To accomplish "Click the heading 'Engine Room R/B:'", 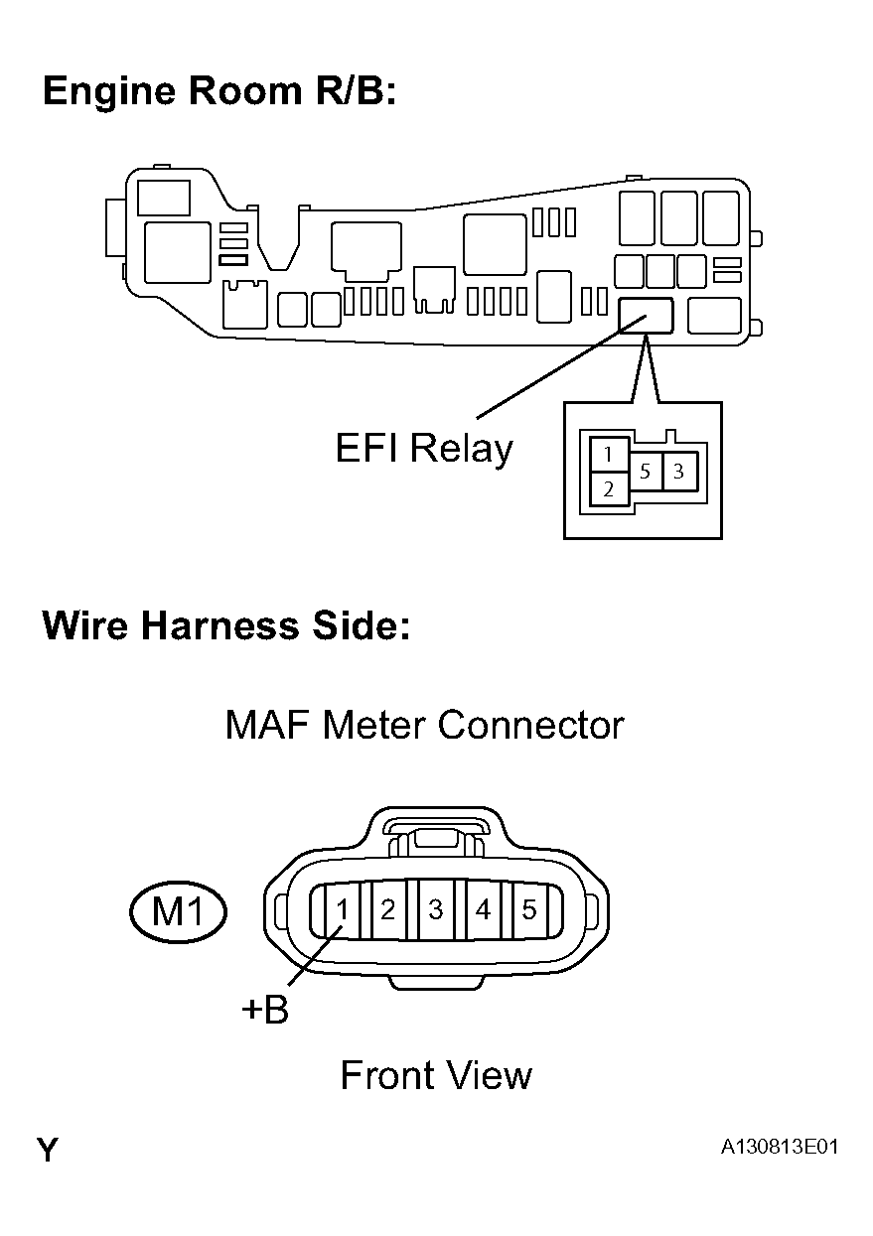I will click(x=219, y=91).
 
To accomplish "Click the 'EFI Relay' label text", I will click(x=424, y=449).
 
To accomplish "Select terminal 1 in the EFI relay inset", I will click(x=608, y=456).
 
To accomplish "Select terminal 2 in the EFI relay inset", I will click(x=608, y=488).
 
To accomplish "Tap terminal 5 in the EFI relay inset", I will click(x=645, y=473).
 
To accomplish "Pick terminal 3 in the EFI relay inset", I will click(x=678, y=473).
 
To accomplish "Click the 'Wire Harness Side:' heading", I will click(x=225, y=627).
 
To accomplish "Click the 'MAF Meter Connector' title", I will click(x=424, y=725).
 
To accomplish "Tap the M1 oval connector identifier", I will click(x=179, y=911).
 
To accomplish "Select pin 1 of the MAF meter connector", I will click(x=341, y=909).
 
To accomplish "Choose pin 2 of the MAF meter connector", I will click(x=388, y=909).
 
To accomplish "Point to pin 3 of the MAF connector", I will click(x=435, y=909).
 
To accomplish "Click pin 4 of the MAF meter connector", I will click(x=483, y=909).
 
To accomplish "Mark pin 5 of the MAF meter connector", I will click(x=528, y=909).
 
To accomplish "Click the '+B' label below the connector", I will click(x=265, y=1011).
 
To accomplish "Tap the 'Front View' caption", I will click(x=436, y=1075).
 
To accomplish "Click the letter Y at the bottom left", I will click(x=47, y=1151).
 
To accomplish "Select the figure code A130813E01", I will click(x=780, y=1148).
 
